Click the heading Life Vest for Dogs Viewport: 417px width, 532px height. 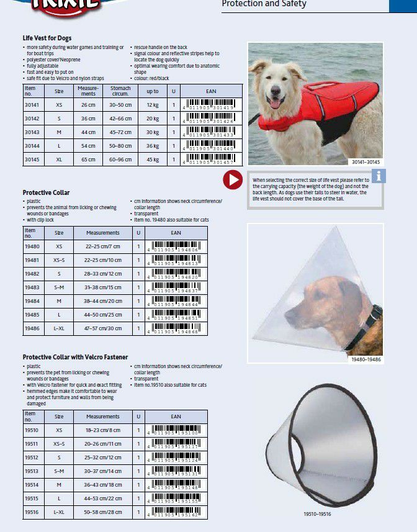coord(47,38)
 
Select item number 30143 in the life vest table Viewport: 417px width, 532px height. coord(32,132)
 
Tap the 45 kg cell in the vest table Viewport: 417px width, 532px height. coord(152,160)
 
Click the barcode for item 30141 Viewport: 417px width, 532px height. coord(211,105)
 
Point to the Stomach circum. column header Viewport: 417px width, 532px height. coord(120,91)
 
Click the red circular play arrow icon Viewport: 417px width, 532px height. coord(233,180)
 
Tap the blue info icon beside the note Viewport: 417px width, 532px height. coord(378,176)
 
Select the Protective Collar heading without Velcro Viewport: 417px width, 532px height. coord(47,193)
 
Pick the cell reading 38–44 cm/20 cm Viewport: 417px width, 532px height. coord(103,301)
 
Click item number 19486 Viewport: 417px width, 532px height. coord(32,328)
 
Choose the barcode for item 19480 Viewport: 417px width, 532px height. coord(176,246)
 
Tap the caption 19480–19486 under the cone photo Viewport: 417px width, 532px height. coord(366,360)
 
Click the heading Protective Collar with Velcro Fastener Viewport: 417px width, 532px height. coord(75,358)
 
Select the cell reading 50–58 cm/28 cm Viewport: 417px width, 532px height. coord(103,512)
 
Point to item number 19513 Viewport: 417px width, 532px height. coord(32,471)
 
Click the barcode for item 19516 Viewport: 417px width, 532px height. coord(176,512)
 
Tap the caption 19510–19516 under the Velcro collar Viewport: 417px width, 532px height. coord(317,515)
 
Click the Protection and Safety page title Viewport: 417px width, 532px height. coord(264,4)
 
